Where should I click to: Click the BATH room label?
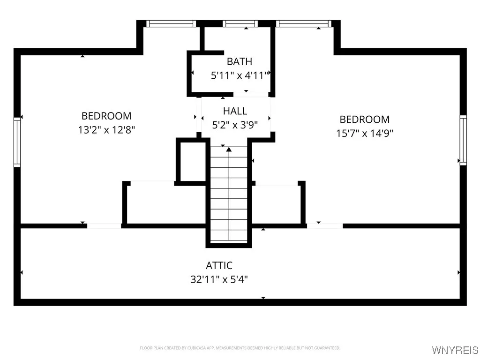pos(239,61)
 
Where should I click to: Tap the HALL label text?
pos(235,111)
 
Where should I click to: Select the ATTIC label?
pos(219,266)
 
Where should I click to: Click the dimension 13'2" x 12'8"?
pos(106,130)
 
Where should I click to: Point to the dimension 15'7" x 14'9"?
pos(364,133)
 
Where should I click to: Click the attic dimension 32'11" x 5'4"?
pos(219,280)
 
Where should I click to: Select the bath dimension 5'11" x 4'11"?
pos(239,75)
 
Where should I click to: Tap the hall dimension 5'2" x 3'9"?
pos(235,125)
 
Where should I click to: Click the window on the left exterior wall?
pos(17,142)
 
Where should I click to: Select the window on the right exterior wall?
pos(463,140)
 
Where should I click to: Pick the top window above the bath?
pos(240,23)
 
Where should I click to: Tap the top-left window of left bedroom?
pos(171,23)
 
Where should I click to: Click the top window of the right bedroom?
pos(303,23)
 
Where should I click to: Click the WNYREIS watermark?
pos(455,350)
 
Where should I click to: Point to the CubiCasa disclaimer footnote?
pos(240,348)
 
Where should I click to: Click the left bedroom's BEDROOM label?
pos(106,116)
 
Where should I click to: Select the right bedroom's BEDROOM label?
pos(364,120)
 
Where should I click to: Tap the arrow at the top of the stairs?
pos(229,150)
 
